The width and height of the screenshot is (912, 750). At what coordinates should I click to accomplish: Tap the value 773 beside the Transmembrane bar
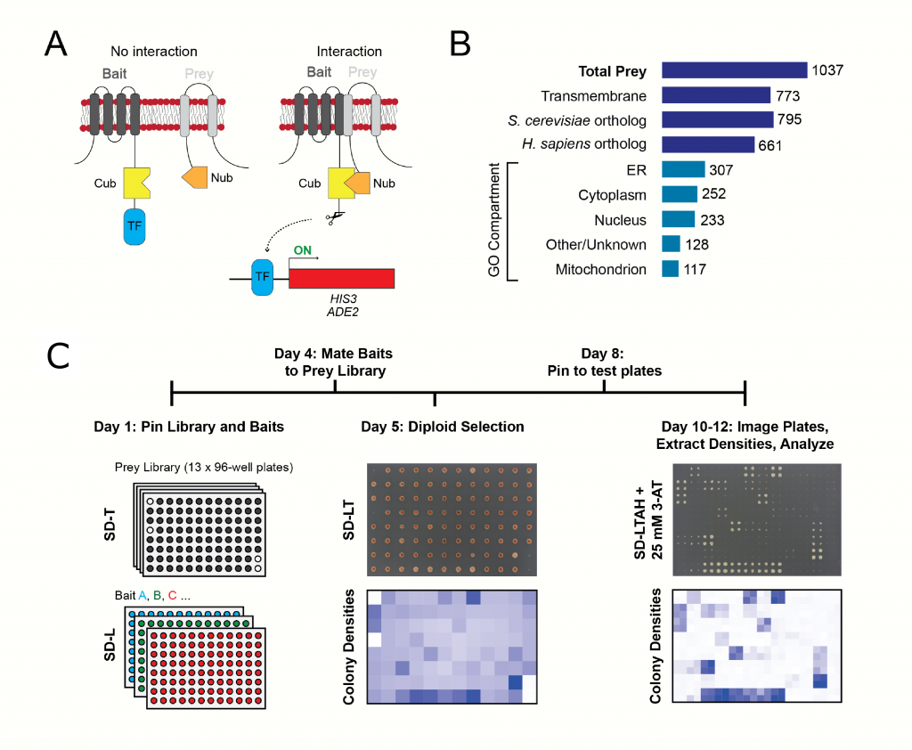click(x=788, y=95)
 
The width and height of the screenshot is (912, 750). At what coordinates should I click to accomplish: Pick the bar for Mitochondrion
click(x=670, y=268)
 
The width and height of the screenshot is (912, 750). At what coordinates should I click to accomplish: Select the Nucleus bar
click(x=678, y=219)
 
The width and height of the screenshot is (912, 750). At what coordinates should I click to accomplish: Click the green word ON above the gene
click(x=303, y=251)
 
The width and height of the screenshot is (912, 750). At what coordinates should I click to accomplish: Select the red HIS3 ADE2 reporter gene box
click(x=342, y=277)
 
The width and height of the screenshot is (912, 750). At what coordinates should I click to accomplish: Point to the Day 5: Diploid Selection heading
click(x=442, y=427)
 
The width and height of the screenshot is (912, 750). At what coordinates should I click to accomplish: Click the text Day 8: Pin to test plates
click(x=605, y=362)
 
